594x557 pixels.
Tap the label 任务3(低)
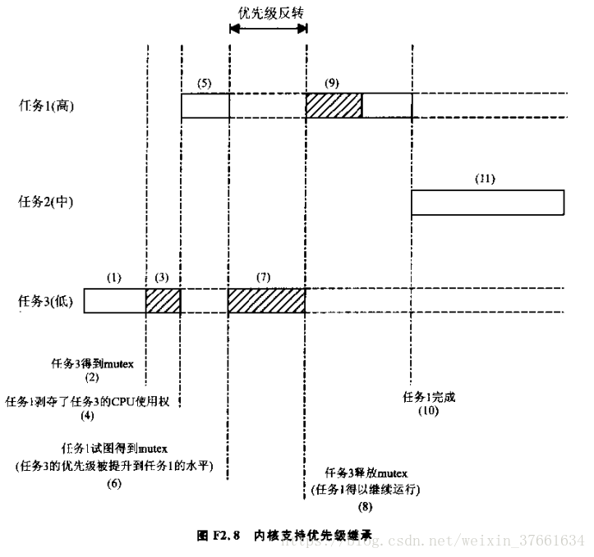[46, 301]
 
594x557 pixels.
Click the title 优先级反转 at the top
[268, 11]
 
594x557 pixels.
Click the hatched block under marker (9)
[334, 105]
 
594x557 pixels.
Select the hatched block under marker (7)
[266, 300]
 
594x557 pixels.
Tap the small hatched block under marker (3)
[163, 300]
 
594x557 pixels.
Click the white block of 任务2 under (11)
[487, 202]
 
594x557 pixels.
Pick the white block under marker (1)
[114, 300]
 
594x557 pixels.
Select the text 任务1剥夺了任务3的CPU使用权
[92, 402]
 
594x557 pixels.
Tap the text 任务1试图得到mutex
[114, 449]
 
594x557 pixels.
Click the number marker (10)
[429, 410]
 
